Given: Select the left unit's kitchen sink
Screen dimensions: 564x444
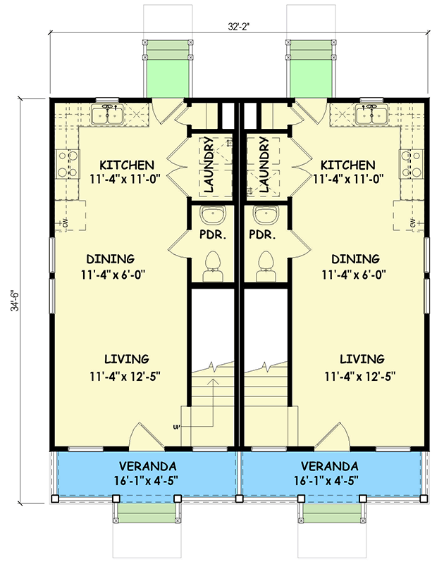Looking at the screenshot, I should click(x=109, y=115).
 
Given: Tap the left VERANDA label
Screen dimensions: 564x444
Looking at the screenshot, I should click(x=147, y=466).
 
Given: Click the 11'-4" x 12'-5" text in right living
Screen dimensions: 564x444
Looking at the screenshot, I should click(x=360, y=376).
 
